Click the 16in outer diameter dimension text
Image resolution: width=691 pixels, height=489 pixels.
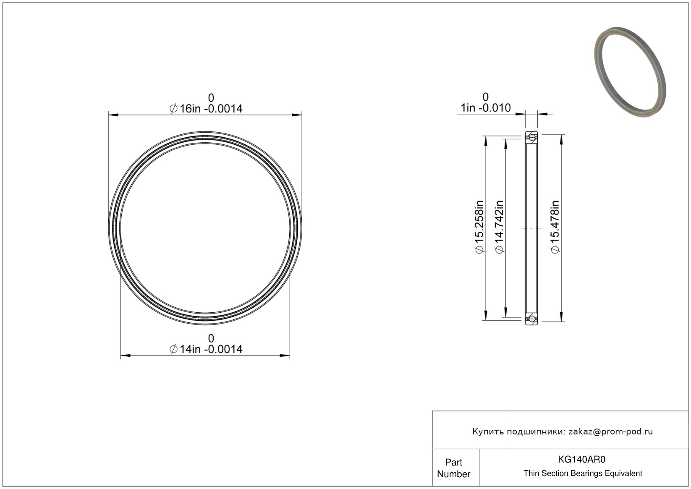pos(206,109)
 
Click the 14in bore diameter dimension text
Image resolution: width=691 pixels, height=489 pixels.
pos(206,349)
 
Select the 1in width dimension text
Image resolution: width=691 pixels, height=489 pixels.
pos(486,108)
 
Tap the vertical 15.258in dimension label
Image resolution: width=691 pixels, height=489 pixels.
pos(479,227)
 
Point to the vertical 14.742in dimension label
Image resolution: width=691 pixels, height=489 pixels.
pos(499,227)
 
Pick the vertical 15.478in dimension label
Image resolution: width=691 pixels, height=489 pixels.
pos(555,227)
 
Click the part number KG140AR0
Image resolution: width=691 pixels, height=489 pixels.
pos(581,459)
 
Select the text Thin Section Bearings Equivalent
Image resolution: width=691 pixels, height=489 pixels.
pos(583,473)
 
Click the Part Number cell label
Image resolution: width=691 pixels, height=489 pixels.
pos(453,468)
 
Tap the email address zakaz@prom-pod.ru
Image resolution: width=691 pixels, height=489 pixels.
pos(610,431)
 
